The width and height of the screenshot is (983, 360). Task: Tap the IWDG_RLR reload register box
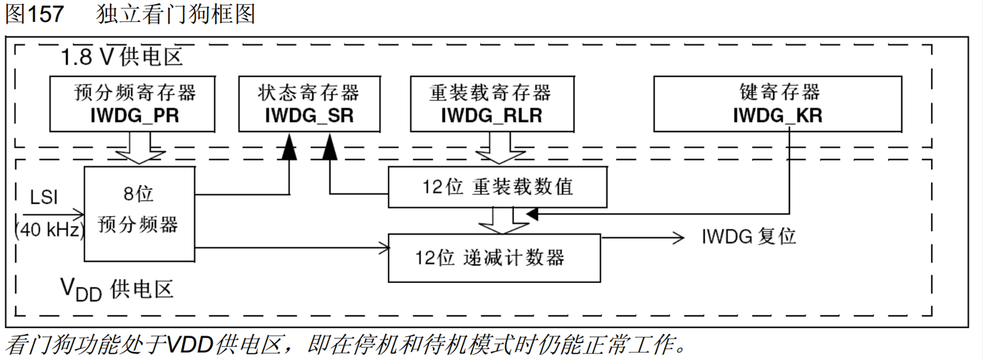pyautogui.click(x=491, y=104)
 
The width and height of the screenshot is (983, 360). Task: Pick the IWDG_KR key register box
pyautogui.click(x=778, y=104)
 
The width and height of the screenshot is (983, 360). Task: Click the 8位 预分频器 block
pyautogui.click(x=139, y=213)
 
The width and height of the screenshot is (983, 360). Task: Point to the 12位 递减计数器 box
pyautogui.click(x=494, y=257)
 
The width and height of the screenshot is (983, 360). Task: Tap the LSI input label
pyautogui.click(x=44, y=198)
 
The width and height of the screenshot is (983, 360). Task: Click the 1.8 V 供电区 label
pyautogui.click(x=122, y=57)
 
